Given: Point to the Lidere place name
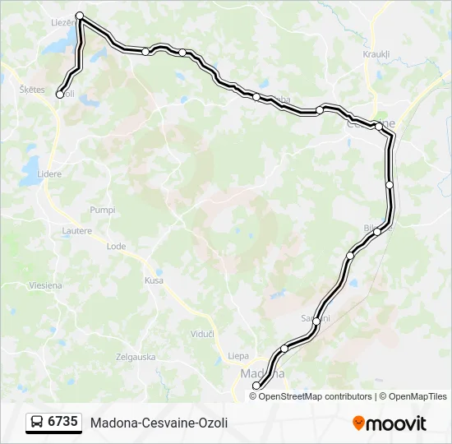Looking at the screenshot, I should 49,174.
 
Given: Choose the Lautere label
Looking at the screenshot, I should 76,231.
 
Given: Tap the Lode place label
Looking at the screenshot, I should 116,246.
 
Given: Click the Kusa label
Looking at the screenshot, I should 155,280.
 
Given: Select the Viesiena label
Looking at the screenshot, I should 45,285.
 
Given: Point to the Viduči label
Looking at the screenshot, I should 202,334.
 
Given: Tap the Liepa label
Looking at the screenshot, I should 238,356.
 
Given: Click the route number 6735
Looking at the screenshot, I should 63,422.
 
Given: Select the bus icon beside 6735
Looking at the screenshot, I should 37,422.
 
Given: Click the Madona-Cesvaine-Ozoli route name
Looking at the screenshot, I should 159,423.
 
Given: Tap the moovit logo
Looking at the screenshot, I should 390,423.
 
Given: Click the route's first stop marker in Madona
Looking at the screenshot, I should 256,386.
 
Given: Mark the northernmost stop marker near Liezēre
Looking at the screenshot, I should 80,16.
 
